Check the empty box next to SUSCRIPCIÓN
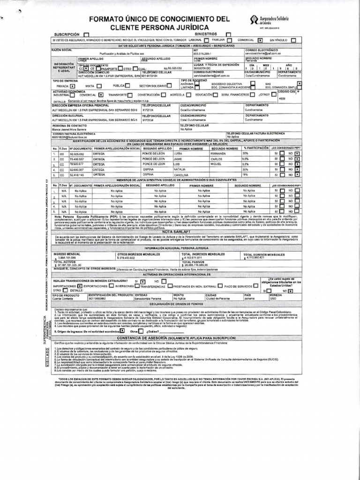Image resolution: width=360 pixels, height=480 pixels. click(86, 35)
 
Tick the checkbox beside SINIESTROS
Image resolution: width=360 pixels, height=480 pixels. click(228, 34)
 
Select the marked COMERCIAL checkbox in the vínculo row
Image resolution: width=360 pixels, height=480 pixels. click(259, 40)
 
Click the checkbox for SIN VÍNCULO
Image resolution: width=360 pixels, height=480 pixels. click(293, 40)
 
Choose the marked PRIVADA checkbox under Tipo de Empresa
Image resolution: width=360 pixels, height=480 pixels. click(72, 86)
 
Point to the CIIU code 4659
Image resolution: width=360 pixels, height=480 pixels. click(282, 98)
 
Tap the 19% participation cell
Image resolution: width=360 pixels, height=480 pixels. click(245, 175)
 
